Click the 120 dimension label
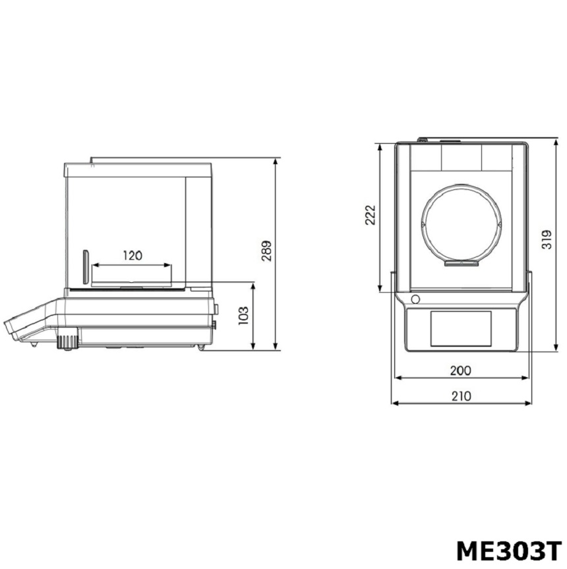(133, 256)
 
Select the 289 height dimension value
(266, 251)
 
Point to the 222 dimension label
(370, 215)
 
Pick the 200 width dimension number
(460, 371)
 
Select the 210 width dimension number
(462, 396)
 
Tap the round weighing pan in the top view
(462, 224)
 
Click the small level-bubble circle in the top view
(415, 299)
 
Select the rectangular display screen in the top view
(461, 328)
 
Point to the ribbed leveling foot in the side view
(66, 342)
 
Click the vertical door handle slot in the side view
(84, 267)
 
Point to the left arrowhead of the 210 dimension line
(395, 403)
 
